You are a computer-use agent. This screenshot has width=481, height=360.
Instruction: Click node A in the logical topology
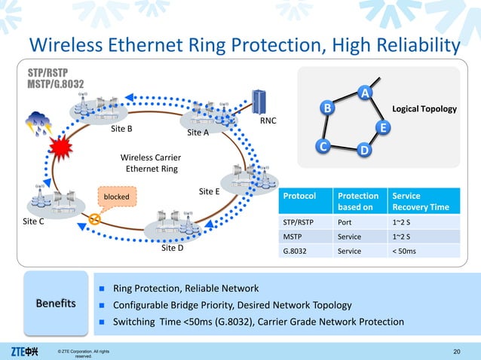365,93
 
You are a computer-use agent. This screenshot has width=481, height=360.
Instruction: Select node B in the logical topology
328,108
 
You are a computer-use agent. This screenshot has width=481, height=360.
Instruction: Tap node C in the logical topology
322,145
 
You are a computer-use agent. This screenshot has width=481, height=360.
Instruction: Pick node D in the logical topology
363,151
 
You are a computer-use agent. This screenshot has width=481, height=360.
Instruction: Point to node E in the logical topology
383,128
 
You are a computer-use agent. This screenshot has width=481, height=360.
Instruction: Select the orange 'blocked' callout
116,197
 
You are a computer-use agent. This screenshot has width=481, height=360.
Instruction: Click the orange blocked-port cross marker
95,220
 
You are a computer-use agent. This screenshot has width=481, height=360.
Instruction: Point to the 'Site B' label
121,129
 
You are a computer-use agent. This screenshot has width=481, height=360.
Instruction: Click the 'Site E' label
209,191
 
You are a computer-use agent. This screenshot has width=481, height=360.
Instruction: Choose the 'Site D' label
172,247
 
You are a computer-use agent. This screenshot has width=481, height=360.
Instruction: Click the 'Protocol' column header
299,196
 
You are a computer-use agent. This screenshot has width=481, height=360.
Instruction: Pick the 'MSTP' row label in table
293,236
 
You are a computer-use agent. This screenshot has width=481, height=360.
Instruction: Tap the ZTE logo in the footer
25,351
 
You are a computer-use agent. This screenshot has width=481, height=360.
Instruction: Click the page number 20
456,351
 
